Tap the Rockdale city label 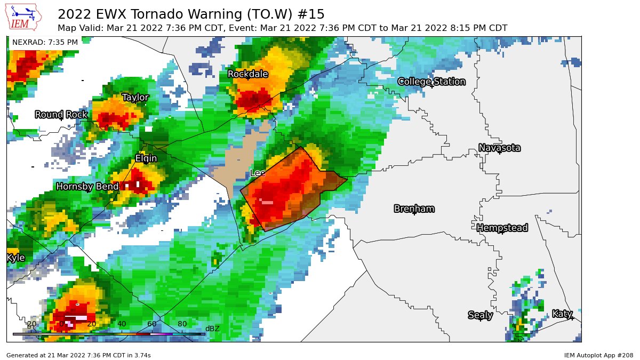tap(247, 74)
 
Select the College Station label tap(431, 82)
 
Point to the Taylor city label tap(135, 98)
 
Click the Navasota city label tap(499, 148)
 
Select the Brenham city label tap(414, 209)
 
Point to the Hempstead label tap(502, 228)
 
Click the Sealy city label tap(480, 315)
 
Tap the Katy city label tap(562, 314)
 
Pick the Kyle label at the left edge tap(15, 258)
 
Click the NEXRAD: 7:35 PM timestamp tap(45, 42)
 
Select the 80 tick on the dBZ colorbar tap(182, 324)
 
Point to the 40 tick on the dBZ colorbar tap(122, 324)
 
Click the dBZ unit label tap(212, 329)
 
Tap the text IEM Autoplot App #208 tap(598, 355)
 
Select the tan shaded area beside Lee tap(240, 160)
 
